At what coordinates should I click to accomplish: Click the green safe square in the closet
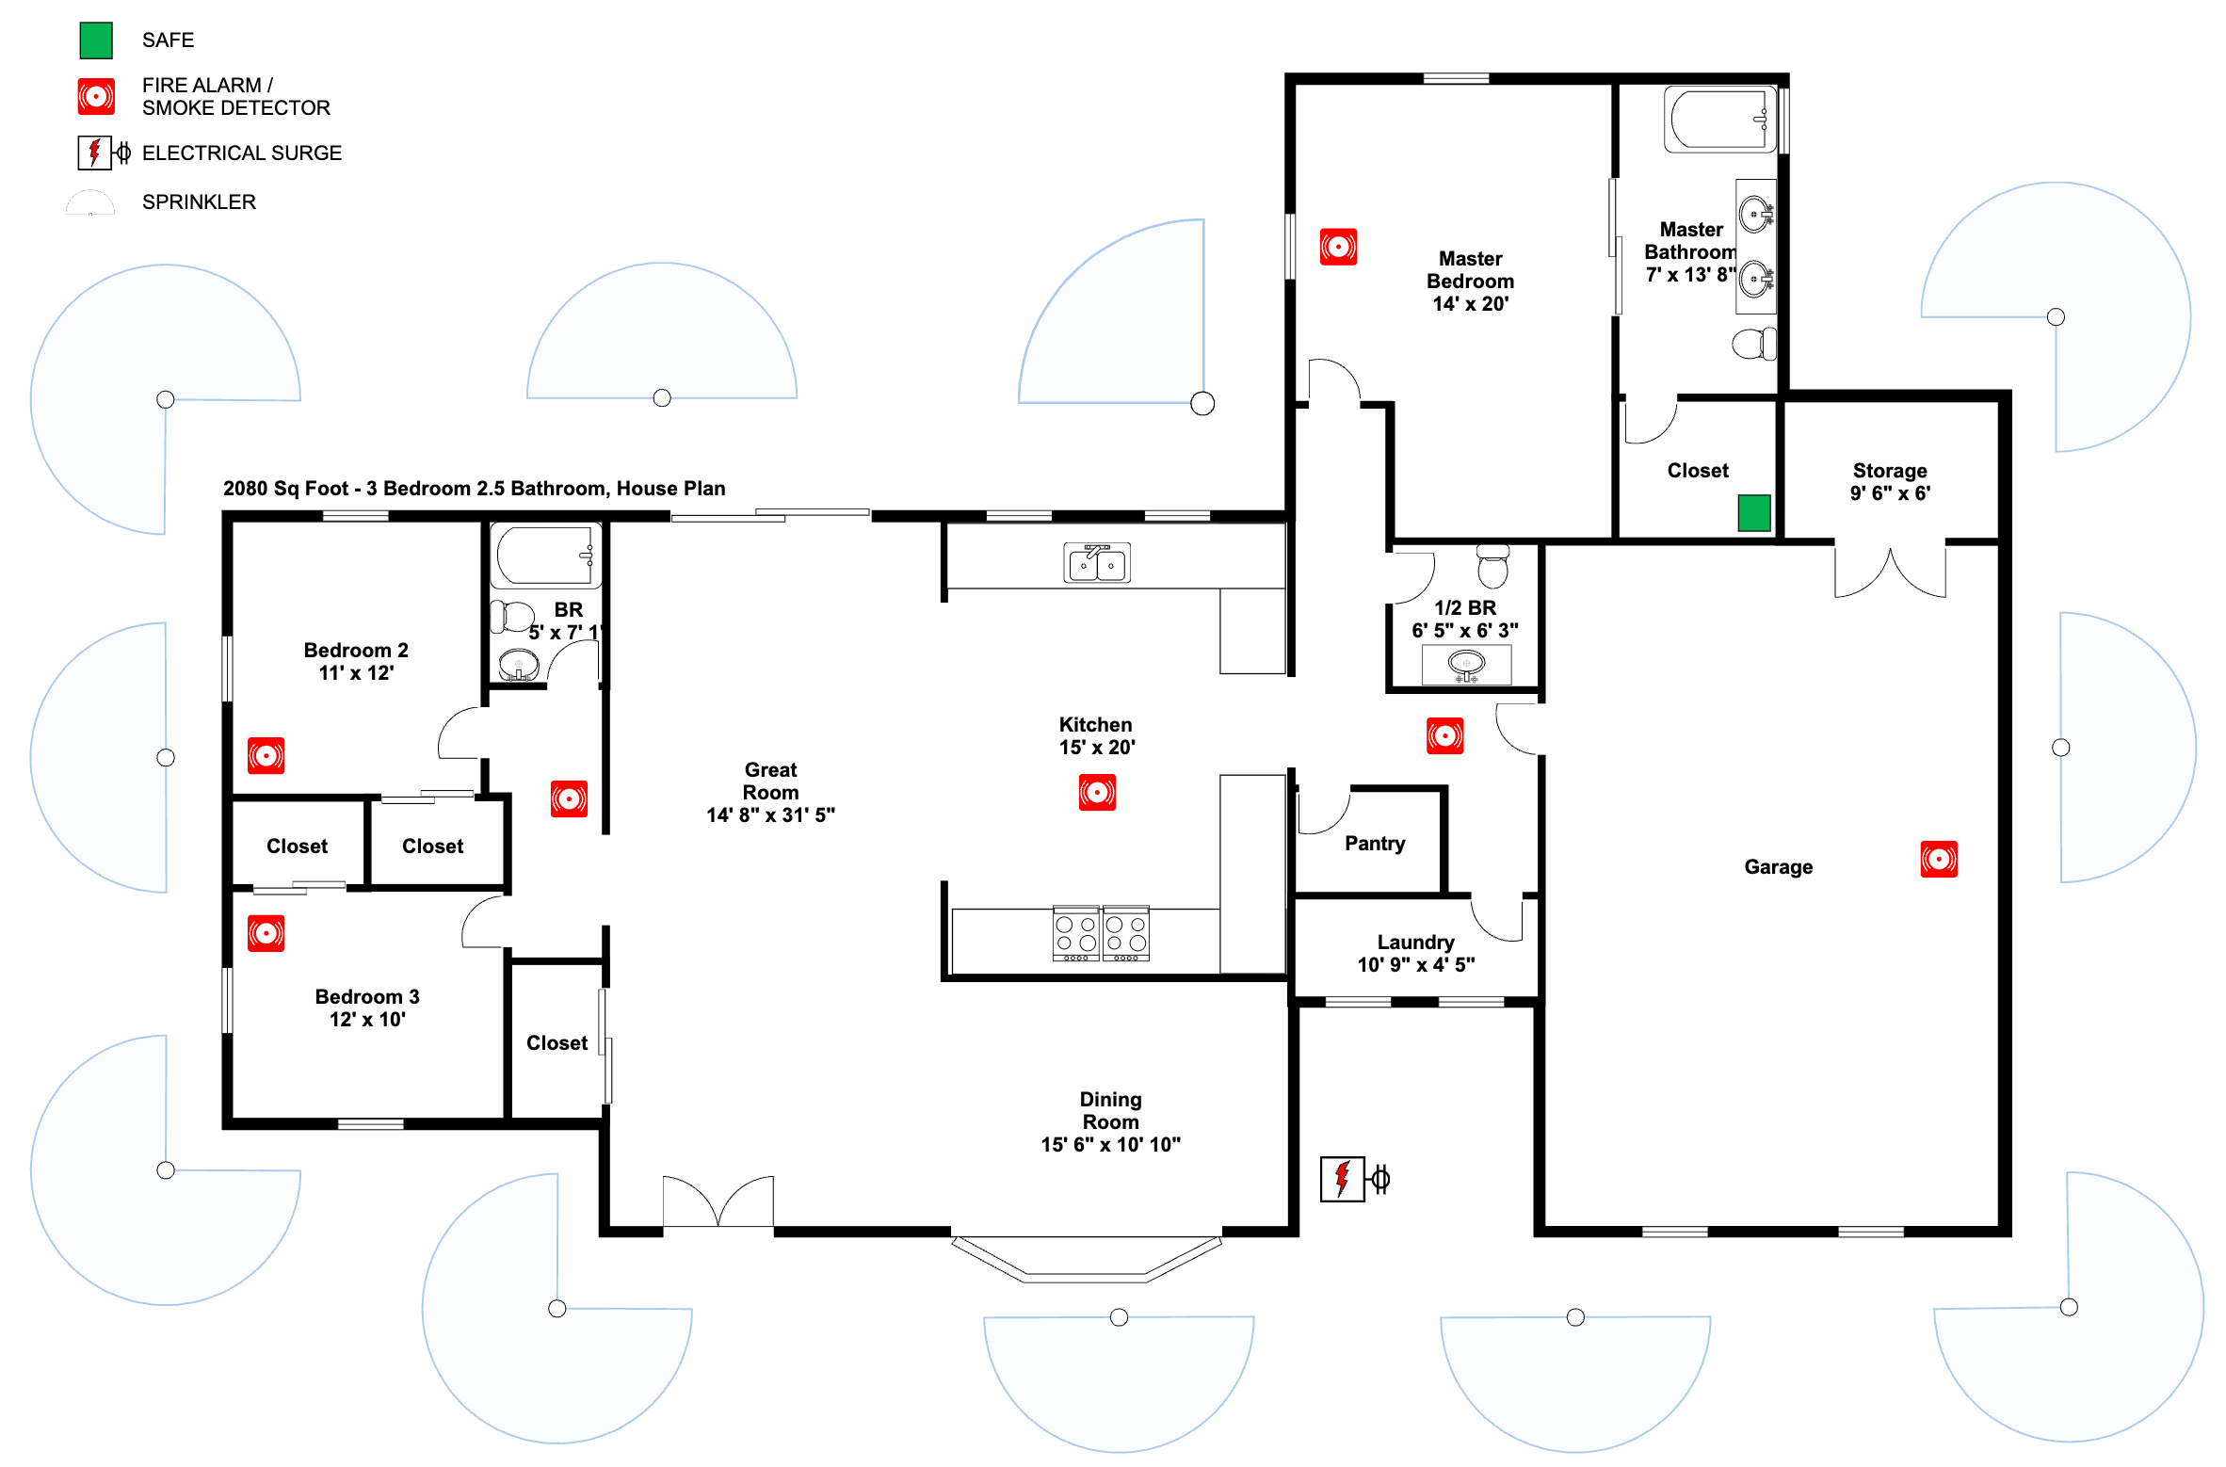click(1753, 513)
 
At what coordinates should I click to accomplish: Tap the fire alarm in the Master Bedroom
click(1338, 247)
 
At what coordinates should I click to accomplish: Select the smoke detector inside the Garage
click(1938, 859)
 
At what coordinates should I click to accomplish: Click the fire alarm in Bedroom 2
click(266, 755)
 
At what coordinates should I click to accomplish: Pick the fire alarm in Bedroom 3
click(266, 933)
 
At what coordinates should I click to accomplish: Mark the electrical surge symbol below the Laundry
click(1353, 1179)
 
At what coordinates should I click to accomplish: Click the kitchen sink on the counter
click(1096, 563)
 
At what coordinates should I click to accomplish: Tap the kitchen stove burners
click(1101, 933)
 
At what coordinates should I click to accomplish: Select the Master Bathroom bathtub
click(1719, 120)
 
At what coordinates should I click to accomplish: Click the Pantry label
click(1374, 844)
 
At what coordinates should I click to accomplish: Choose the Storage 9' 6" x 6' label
click(1889, 481)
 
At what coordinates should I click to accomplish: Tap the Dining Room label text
click(1110, 1121)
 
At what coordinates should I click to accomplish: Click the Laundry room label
click(1415, 953)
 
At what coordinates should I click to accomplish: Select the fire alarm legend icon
click(96, 96)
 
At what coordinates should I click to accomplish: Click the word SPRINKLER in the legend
click(199, 202)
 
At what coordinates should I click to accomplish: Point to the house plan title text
click(474, 488)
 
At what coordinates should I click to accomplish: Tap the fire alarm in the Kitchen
click(1097, 792)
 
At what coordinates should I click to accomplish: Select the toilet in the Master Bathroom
click(1753, 344)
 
